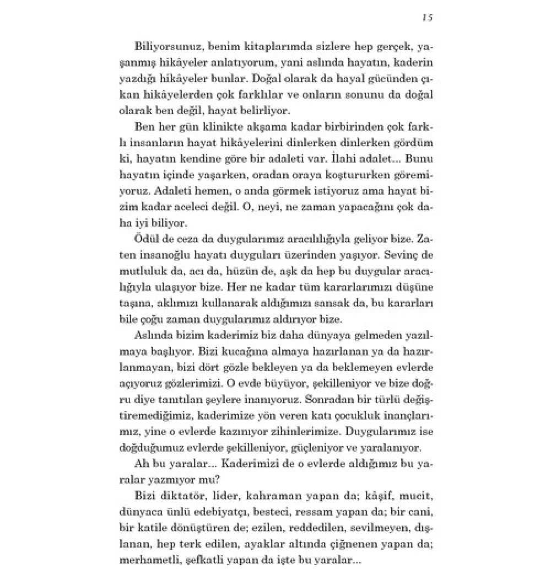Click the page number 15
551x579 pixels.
(425, 17)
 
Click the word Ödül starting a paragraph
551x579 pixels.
(145, 239)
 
